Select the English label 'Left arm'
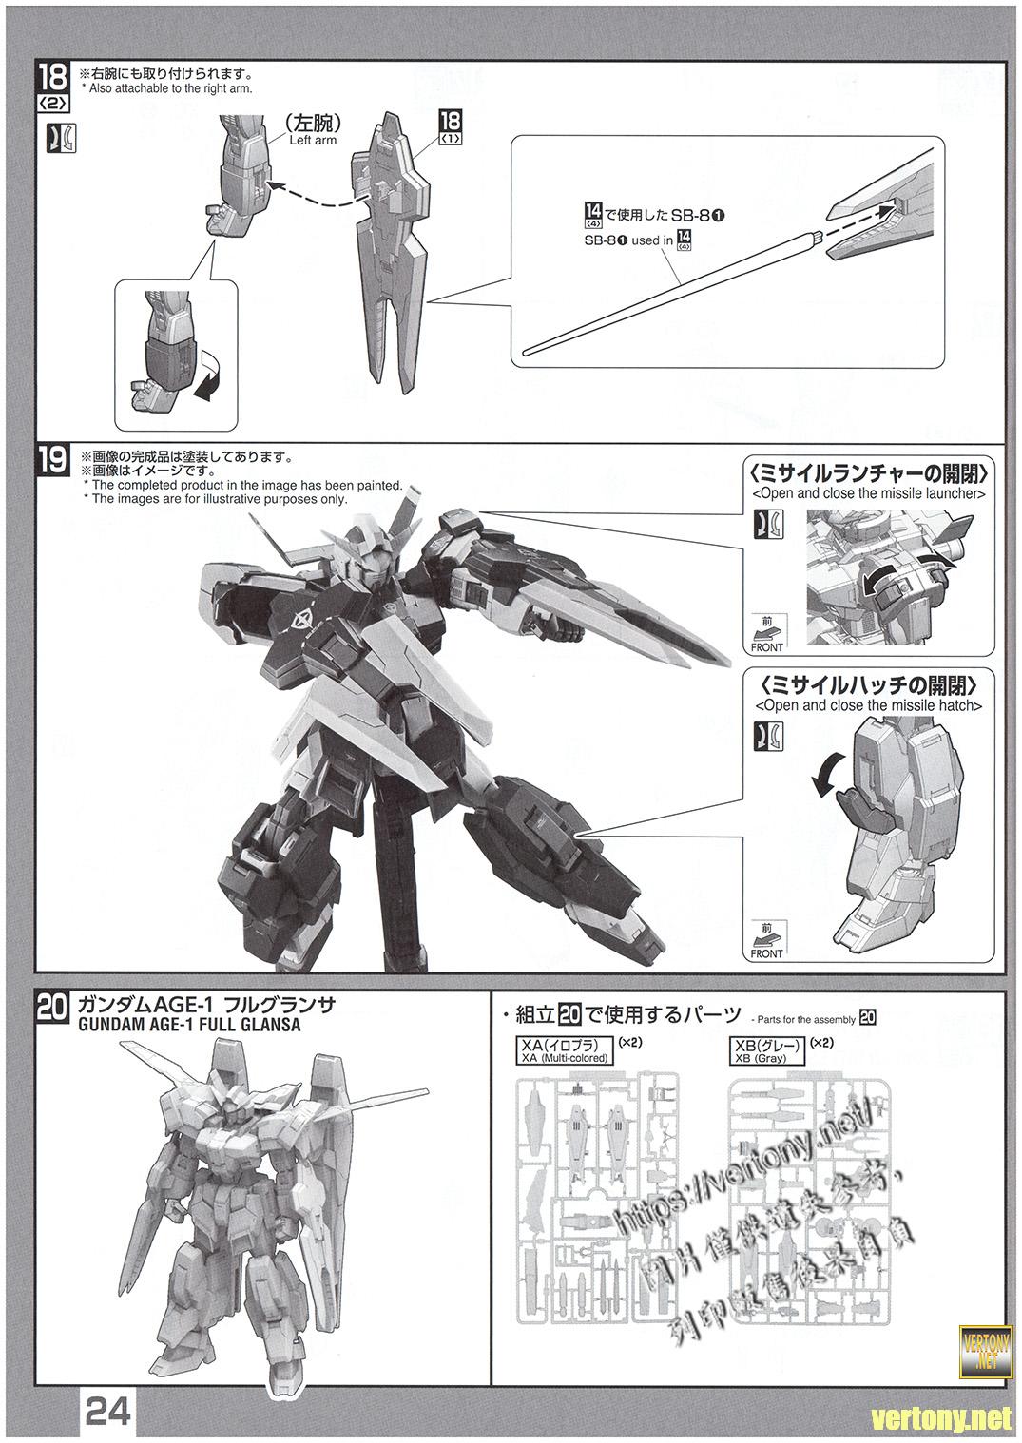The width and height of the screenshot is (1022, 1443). coord(312,139)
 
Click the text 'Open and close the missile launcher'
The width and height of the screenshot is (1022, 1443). coord(868,494)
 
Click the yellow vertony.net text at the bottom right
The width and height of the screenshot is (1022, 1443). coord(941,1419)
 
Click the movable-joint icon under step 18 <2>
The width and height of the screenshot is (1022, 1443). coord(60,139)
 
